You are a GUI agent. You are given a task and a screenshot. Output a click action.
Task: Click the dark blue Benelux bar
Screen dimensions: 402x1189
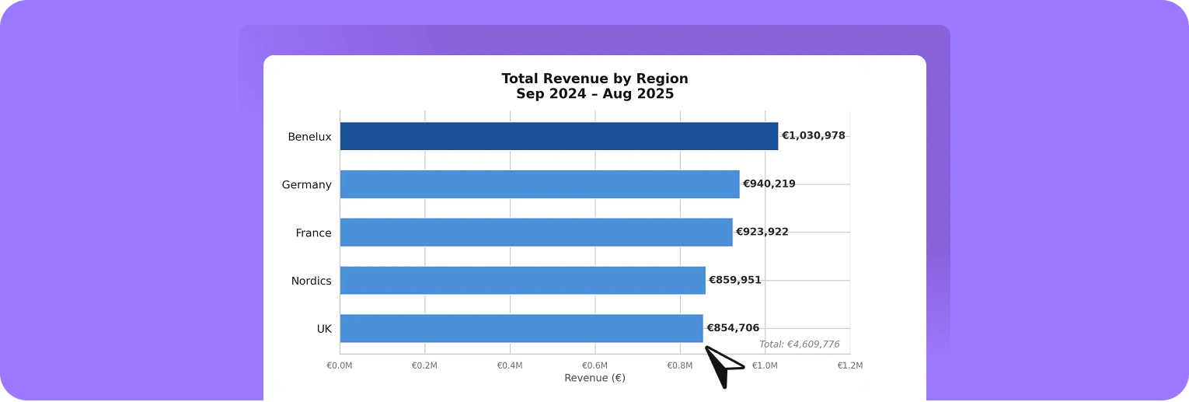559,136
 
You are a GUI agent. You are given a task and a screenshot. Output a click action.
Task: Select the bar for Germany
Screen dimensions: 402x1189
539,184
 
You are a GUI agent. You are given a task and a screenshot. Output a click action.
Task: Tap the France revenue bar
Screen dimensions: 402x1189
536,232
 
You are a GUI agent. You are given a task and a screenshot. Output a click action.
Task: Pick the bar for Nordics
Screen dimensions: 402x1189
522,281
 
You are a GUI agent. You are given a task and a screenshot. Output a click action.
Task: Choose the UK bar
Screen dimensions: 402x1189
521,328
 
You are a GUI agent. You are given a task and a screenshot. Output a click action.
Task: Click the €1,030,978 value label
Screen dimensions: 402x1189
813,136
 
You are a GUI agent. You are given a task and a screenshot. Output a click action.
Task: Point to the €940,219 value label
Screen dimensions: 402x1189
769,184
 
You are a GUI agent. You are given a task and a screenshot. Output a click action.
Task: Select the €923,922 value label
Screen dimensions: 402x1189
762,232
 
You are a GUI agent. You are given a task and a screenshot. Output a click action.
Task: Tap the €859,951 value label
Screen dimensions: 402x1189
734,281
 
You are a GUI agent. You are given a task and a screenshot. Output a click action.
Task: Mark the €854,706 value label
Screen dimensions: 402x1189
732,328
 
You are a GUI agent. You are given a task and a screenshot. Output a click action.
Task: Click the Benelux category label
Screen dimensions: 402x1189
309,137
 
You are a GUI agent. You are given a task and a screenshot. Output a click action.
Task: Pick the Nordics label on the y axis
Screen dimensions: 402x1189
311,281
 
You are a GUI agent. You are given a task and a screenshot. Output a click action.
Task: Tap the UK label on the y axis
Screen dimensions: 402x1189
324,329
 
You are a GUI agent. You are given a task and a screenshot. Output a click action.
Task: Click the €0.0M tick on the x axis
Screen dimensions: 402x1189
340,365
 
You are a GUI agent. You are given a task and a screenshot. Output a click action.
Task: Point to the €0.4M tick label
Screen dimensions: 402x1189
510,365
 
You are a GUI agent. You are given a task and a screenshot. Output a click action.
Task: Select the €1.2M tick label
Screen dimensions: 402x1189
849,365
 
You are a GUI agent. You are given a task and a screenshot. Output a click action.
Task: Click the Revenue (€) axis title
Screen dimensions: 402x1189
594,379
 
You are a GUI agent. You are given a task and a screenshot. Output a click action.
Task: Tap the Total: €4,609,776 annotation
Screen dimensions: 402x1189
799,344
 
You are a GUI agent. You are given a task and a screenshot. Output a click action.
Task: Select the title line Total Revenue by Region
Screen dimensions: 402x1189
594,79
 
